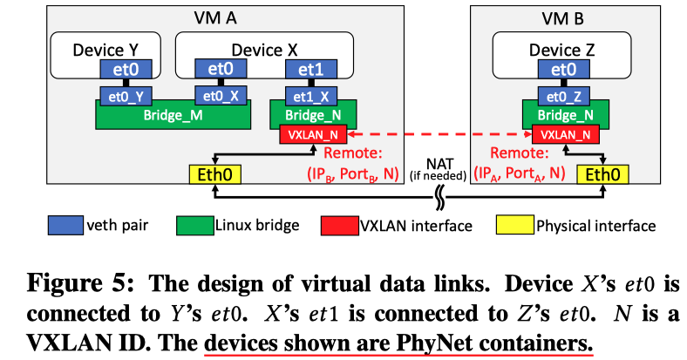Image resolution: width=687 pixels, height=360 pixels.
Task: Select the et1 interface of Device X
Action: point(312,68)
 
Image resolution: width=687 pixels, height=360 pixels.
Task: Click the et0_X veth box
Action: point(217,92)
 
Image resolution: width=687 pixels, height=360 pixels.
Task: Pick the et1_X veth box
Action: point(312,92)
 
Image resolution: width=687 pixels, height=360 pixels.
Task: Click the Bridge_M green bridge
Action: point(172,112)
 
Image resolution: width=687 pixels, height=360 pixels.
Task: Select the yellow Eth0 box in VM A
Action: point(214,174)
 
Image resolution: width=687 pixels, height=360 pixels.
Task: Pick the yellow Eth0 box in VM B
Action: point(603,174)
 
